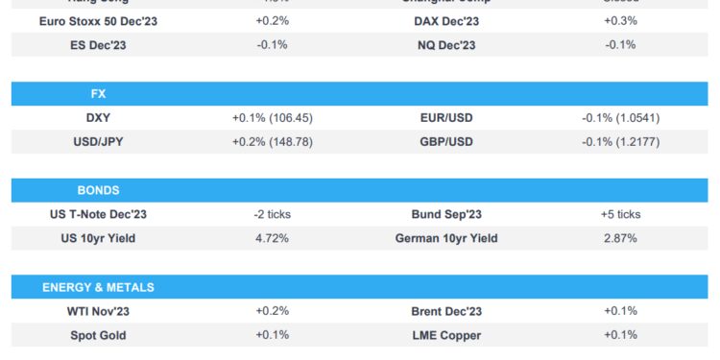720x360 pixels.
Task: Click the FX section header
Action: click(x=98, y=94)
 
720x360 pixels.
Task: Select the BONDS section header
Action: click(x=98, y=190)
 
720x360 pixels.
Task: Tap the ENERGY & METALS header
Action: click(x=98, y=287)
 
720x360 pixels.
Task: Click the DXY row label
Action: click(x=98, y=118)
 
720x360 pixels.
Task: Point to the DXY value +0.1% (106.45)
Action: click(x=273, y=118)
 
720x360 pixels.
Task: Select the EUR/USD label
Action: click(x=446, y=118)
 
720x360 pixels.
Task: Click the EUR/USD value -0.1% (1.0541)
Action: click(x=620, y=118)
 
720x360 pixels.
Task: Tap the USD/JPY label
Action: click(x=98, y=142)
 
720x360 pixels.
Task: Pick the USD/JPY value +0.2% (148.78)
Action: click(x=273, y=142)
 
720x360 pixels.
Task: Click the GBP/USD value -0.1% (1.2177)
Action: click(x=620, y=142)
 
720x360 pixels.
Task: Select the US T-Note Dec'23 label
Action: click(x=98, y=214)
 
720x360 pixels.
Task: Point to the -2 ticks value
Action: click(x=273, y=214)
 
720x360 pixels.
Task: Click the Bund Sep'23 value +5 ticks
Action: click(x=620, y=214)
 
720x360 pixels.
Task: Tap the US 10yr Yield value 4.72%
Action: click(x=273, y=238)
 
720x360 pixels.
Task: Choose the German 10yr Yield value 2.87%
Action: click(x=620, y=238)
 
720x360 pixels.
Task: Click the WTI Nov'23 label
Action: click(x=98, y=311)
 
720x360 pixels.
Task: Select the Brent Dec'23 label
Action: click(x=446, y=311)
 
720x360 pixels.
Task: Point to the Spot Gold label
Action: click(x=98, y=335)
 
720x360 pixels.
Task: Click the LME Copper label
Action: click(x=446, y=335)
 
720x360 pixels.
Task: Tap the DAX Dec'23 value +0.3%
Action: click(x=620, y=20)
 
